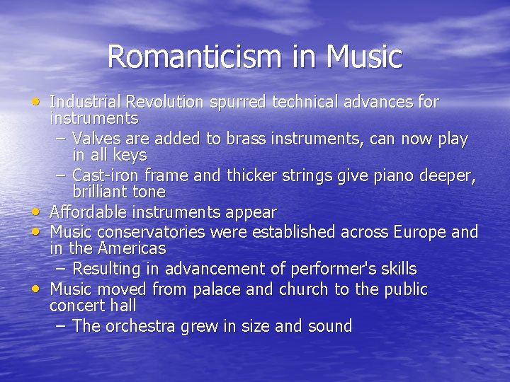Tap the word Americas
tap(130, 248)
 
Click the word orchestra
tap(141, 326)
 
